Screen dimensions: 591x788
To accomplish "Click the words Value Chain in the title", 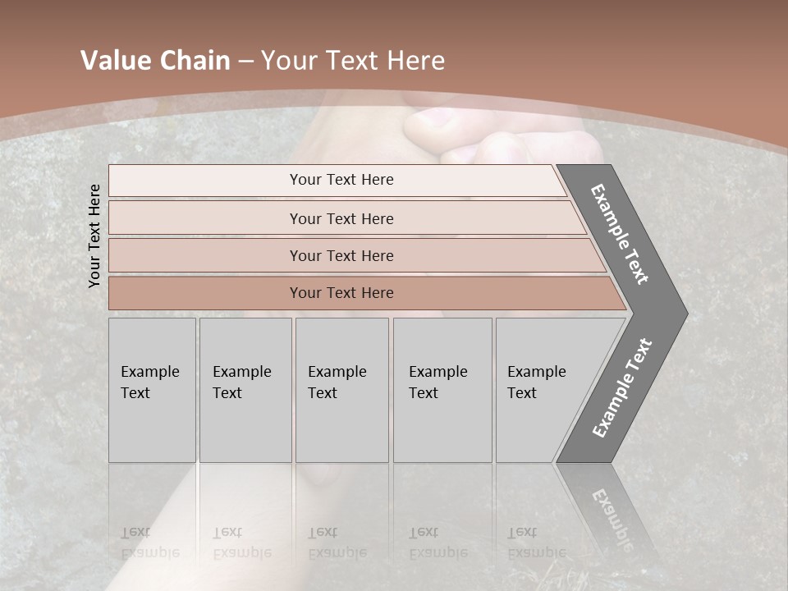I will pyautogui.click(x=155, y=61).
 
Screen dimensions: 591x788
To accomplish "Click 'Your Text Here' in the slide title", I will pyautogui.click(x=353, y=61).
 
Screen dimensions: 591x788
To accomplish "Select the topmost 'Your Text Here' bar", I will pyautogui.click(x=341, y=180).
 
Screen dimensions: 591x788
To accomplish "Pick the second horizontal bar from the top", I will pyautogui.click(x=341, y=218).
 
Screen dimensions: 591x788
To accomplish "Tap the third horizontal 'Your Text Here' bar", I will pyautogui.click(x=341, y=255).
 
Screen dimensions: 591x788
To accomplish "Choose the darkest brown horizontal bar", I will pyautogui.click(x=341, y=293).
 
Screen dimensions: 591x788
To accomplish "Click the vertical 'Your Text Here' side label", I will pyautogui.click(x=94, y=236).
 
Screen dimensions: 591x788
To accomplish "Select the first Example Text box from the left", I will pyautogui.click(x=152, y=390).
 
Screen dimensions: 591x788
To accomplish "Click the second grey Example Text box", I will pyautogui.click(x=245, y=390).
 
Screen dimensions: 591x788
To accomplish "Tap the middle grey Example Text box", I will pyautogui.click(x=341, y=390).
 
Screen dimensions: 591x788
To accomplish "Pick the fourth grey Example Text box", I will pyautogui.click(x=442, y=390).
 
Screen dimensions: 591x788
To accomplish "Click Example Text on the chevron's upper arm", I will pyautogui.click(x=620, y=234).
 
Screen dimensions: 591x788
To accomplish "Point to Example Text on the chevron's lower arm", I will pyautogui.click(x=622, y=388).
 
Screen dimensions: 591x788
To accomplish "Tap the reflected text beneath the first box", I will pyautogui.click(x=150, y=543).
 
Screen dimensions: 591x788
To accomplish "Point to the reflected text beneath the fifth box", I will pyautogui.click(x=535, y=543).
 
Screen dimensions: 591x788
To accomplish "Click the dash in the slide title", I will pyautogui.click(x=245, y=61).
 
